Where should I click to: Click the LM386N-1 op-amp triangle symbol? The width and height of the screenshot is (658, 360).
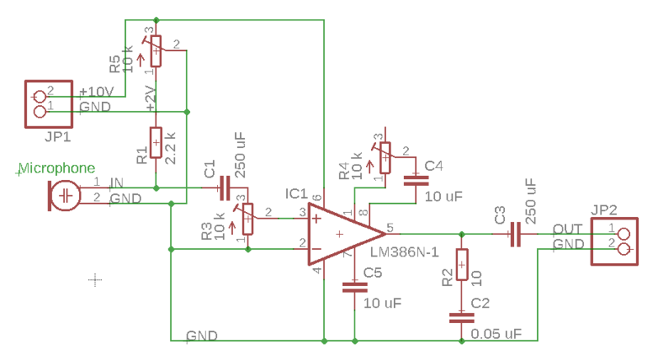[x=339, y=235]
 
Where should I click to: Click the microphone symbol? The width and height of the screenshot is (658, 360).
[x=65, y=196]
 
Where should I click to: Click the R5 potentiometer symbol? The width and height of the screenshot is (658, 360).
[x=155, y=49]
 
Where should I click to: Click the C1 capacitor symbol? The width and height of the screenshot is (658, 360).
[x=220, y=189]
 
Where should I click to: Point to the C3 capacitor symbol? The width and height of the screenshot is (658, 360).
[x=513, y=236]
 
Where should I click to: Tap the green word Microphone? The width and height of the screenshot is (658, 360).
[x=55, y=168]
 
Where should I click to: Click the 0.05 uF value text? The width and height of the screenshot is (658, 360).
[x=498, y=333]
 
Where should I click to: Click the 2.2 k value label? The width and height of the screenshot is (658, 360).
[x=170, y=146]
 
